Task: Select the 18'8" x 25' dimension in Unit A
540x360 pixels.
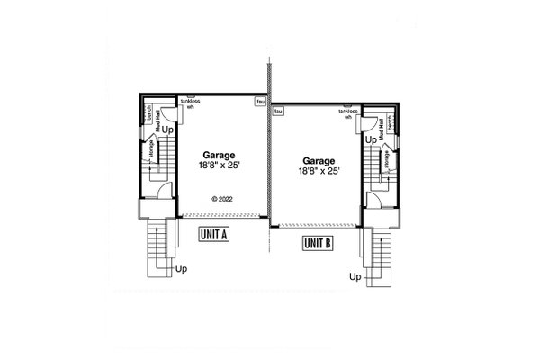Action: click(220, 166)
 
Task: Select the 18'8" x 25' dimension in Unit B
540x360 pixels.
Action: click(318, 170)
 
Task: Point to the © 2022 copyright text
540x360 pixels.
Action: click(221, 198)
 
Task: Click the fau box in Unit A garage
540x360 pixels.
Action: click(260, 103)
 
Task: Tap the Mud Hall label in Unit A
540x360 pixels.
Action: click(158, 117)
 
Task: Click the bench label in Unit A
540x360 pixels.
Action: click(147, 114)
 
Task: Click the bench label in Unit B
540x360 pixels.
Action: click(392, 120)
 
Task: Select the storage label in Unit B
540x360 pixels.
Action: click(388, 160)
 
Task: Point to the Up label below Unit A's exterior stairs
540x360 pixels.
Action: click(182, 268)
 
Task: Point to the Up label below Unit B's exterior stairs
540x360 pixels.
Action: click(355, 278)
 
